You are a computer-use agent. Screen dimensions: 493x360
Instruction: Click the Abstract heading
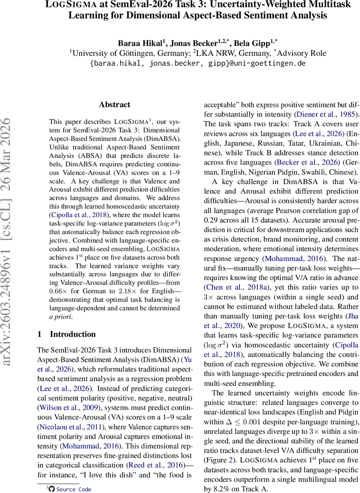[x=115, y=105]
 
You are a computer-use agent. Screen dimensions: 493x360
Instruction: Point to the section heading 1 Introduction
[x=66, y=334]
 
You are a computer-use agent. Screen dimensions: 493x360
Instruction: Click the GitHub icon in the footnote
[x=51, y=489]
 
